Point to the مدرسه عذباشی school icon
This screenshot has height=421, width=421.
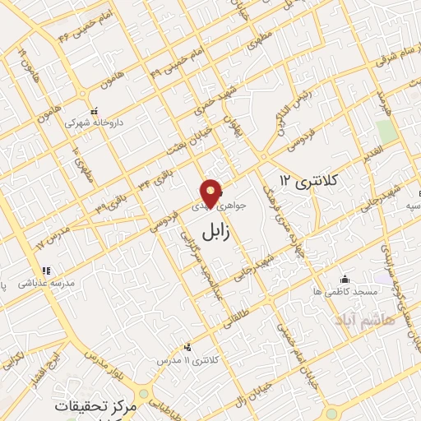tap(48, 270)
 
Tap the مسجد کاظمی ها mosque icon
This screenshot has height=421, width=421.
tap(344, 280)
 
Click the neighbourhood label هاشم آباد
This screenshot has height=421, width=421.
tap(365, 318)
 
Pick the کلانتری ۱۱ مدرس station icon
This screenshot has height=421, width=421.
tap(189, 347)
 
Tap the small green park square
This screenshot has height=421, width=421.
tap(386, 132)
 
